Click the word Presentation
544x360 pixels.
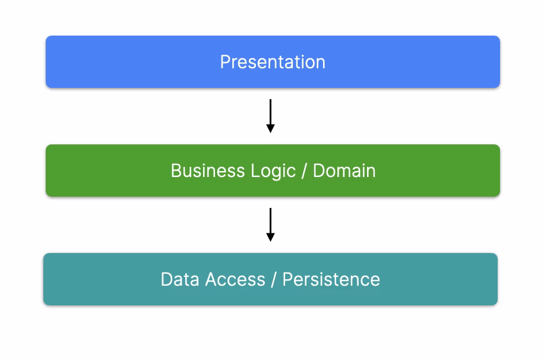273,62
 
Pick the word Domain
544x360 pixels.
344,170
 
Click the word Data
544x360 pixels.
180,279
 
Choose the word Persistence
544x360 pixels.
331,279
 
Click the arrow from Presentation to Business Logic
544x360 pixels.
270,113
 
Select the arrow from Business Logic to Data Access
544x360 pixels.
270,222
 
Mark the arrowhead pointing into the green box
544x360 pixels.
270,128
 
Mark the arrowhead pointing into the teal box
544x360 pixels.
270,237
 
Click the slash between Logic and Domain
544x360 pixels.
305,170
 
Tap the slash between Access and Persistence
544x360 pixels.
274,279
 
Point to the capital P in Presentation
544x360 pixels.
224,62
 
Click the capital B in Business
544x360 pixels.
176,170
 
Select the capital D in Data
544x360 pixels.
166,279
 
